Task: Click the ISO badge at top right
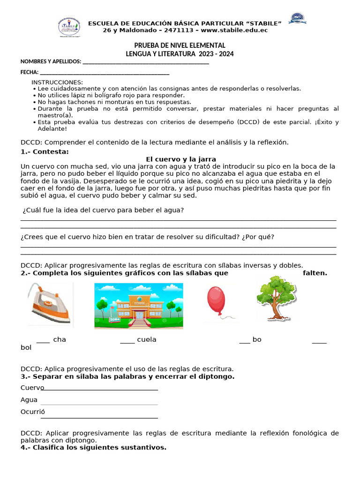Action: pyautogui.click(x=297, y=19)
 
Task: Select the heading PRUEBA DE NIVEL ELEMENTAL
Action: pyautogui.click(x=180, y=45)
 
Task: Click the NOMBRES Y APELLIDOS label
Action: pyautogui.click(x=51, y=62)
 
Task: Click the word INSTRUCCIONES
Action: pyautogui.click(x=57, y=82)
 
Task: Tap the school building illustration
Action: pyautogui.click(x=138, y=306)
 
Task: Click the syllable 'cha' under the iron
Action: pyautogui.click(x=60, y=339)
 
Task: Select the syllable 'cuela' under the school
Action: pyautogui.click(x=146, y=339)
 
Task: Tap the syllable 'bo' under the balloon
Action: pyautogui.click(x=257, y=339)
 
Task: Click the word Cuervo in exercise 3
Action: pyautogui.click(x=32, y=388)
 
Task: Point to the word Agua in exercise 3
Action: pyautogui.click(x=29, y=400)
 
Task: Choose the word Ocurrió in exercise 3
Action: pyautogui.click(x=33, y=412)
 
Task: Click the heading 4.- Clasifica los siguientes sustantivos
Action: pyautogui.click(x=93, y=447)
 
